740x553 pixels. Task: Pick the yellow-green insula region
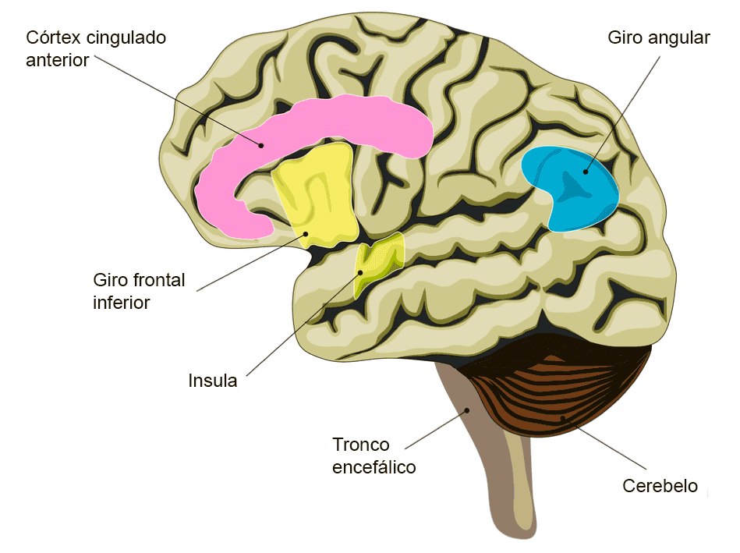[x=377, y=262]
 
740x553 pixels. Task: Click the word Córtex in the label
[x=53, y=37]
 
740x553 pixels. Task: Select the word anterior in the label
[x=57, y=60]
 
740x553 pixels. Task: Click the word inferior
[x=122, y=303]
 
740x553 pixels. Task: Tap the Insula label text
[x=212, y=381]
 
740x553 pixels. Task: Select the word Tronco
[x=361, y=445]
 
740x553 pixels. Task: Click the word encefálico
[x=374, y=467]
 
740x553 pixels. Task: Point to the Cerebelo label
[x=660, y=486]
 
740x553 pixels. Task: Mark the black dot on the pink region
[x=260, y=145]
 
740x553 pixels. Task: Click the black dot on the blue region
[x=586, y=172]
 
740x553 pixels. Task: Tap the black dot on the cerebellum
[x=562, y=418]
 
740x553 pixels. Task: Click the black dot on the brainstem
[x=467, y=410]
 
